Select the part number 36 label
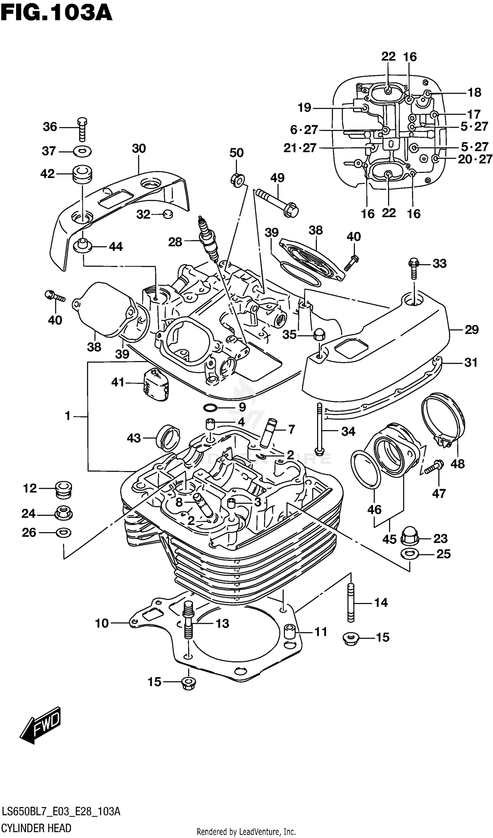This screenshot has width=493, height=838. click(x=50, y=127)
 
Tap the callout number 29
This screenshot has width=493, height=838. click(x=471, y=330)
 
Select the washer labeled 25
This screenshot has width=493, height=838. click(x=410, y=554)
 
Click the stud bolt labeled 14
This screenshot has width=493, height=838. click(x=351, y=603)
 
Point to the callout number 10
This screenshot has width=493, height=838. click(x=102, y=623)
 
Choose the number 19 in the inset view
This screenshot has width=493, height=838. click(x=304, y=108)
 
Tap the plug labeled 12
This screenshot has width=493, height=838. click(x=63, y=489)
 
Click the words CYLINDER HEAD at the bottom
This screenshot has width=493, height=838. click(x=36, y=828)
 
